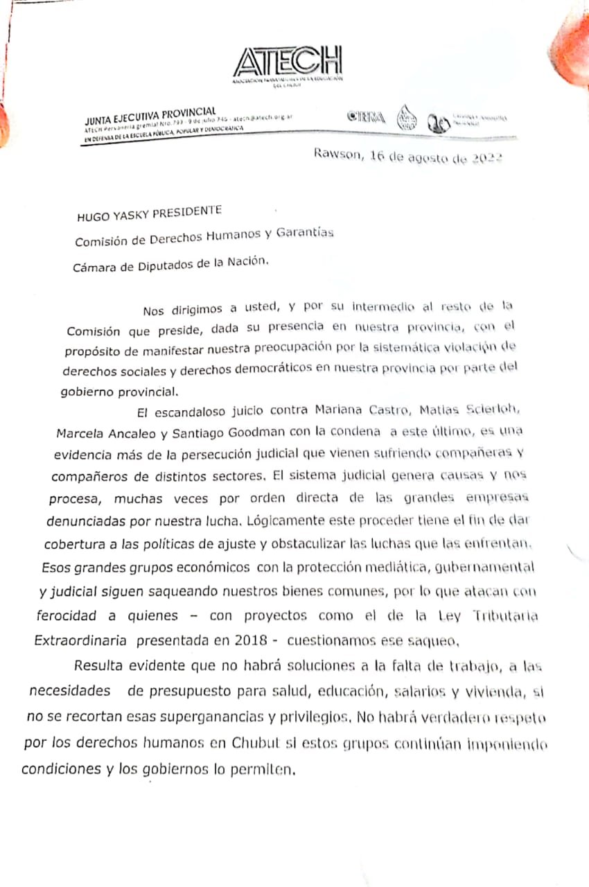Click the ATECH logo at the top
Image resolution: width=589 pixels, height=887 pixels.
tap(288, 64)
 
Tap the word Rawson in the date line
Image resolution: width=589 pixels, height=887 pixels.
tap(336, 154)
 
